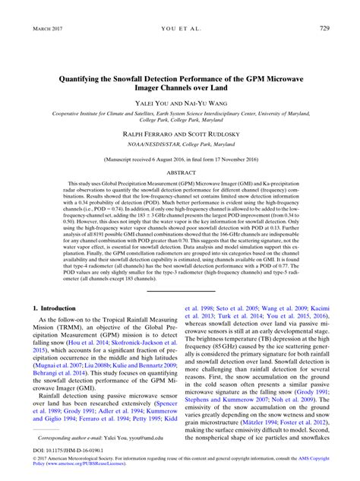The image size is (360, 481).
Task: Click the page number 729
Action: (324, 29)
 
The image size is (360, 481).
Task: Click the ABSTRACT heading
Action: (179, 172)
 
